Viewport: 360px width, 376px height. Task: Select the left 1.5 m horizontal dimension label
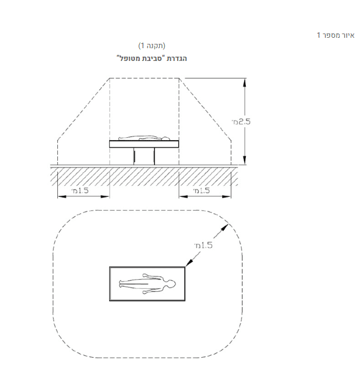[x=80, y=191]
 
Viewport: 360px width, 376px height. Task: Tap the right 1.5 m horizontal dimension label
[x=201, y=191]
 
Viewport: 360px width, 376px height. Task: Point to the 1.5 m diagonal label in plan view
[x=203, y=245]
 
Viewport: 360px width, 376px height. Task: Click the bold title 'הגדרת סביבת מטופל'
[x=152, y=59]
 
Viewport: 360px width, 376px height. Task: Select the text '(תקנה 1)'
[x=152, y=46]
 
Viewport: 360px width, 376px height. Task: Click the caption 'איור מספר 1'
[x=336, y=35]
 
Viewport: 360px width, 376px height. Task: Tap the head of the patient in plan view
[x=171, y=284]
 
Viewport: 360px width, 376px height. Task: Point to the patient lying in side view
[x=144, y=138]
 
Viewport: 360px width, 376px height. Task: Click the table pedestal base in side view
[x=144, y=156]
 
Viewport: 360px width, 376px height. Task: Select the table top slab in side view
[x=144, y=144]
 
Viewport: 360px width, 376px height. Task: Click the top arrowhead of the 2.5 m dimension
[x=245, y=82]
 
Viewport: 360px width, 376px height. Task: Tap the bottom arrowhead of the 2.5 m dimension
[x=245, y=160]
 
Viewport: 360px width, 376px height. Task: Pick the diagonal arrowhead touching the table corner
[x=189, y=263]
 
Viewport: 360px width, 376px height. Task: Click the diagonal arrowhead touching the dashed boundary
[x=225, y=227]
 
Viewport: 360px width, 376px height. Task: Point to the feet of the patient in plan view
[x=121, y=284]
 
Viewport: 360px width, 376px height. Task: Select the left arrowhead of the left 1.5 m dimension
[x=62, y=197]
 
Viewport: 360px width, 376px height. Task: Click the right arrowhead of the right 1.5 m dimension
[x=226, y=197]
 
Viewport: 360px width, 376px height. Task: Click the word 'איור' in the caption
[x=348, y=35]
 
